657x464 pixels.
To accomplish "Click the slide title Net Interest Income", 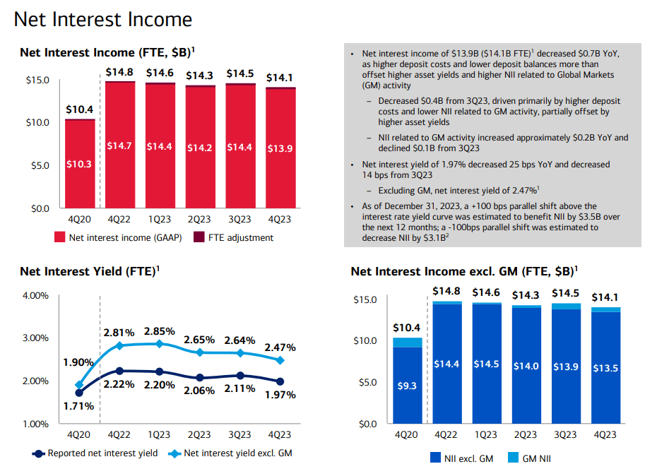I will [102, 19].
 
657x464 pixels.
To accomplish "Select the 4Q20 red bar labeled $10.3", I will [79, 164].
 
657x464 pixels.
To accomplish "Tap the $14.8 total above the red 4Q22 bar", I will [119, 71].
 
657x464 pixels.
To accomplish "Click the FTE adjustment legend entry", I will [239, 237].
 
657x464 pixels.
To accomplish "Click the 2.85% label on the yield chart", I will [159, 331].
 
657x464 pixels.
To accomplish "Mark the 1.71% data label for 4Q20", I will [78, 407].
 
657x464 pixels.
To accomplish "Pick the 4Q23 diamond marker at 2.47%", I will [280, 360].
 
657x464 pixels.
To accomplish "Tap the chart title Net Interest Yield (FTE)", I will [87, 271].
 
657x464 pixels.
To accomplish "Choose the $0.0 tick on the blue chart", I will [368, 424].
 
